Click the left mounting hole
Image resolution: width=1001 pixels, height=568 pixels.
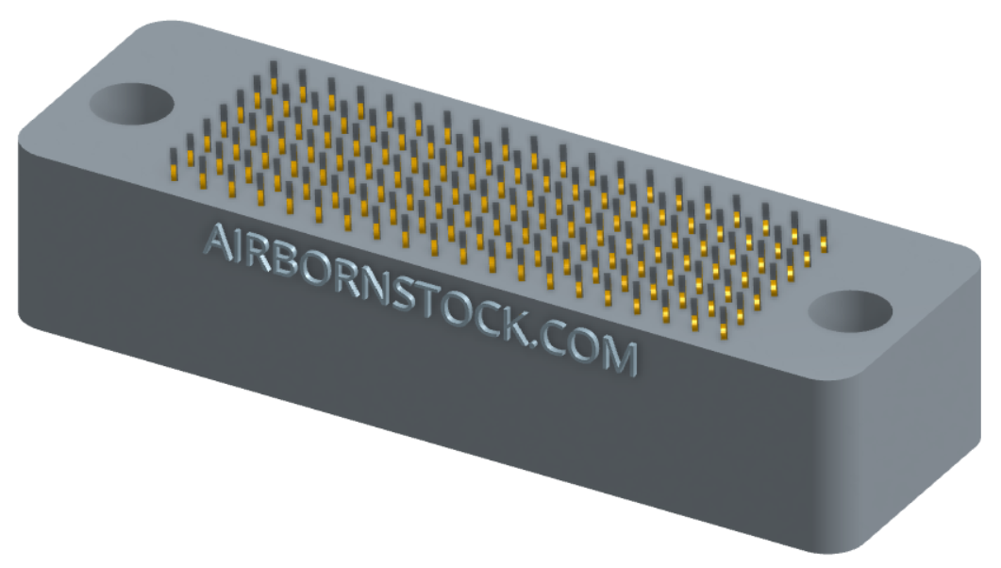131,104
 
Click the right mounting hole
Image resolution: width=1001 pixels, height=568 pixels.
850,310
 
